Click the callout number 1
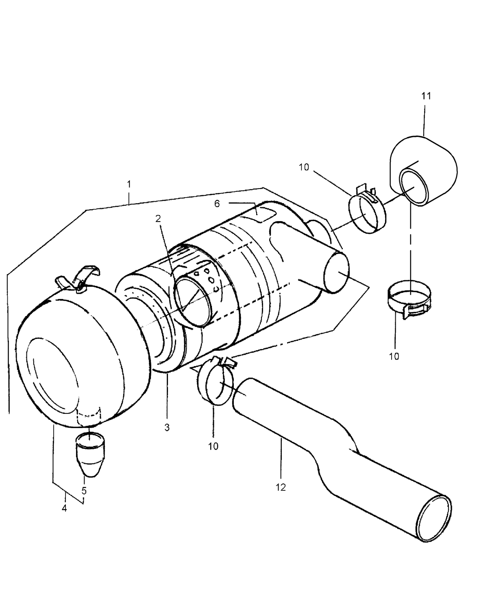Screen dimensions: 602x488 click(x=129, y=184)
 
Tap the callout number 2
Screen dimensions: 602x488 click(x=158, y=218)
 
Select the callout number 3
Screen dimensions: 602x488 click(x=167, y=428)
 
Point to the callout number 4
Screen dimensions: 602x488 click(x=64, y=508)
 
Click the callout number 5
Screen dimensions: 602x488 click(x=84, y=491)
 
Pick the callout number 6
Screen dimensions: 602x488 click(x=217, y=204)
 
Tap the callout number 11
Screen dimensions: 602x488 click(x=426, y=96)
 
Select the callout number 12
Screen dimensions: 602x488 click(x=281, y=487)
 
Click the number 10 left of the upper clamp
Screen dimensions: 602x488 click(x=304, y=167)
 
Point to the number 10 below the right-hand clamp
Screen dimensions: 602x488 click(x=394, y=356)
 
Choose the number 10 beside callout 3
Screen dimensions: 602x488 click(x=213, y=446)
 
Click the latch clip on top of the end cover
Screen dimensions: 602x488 click(x=79, y=279)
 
